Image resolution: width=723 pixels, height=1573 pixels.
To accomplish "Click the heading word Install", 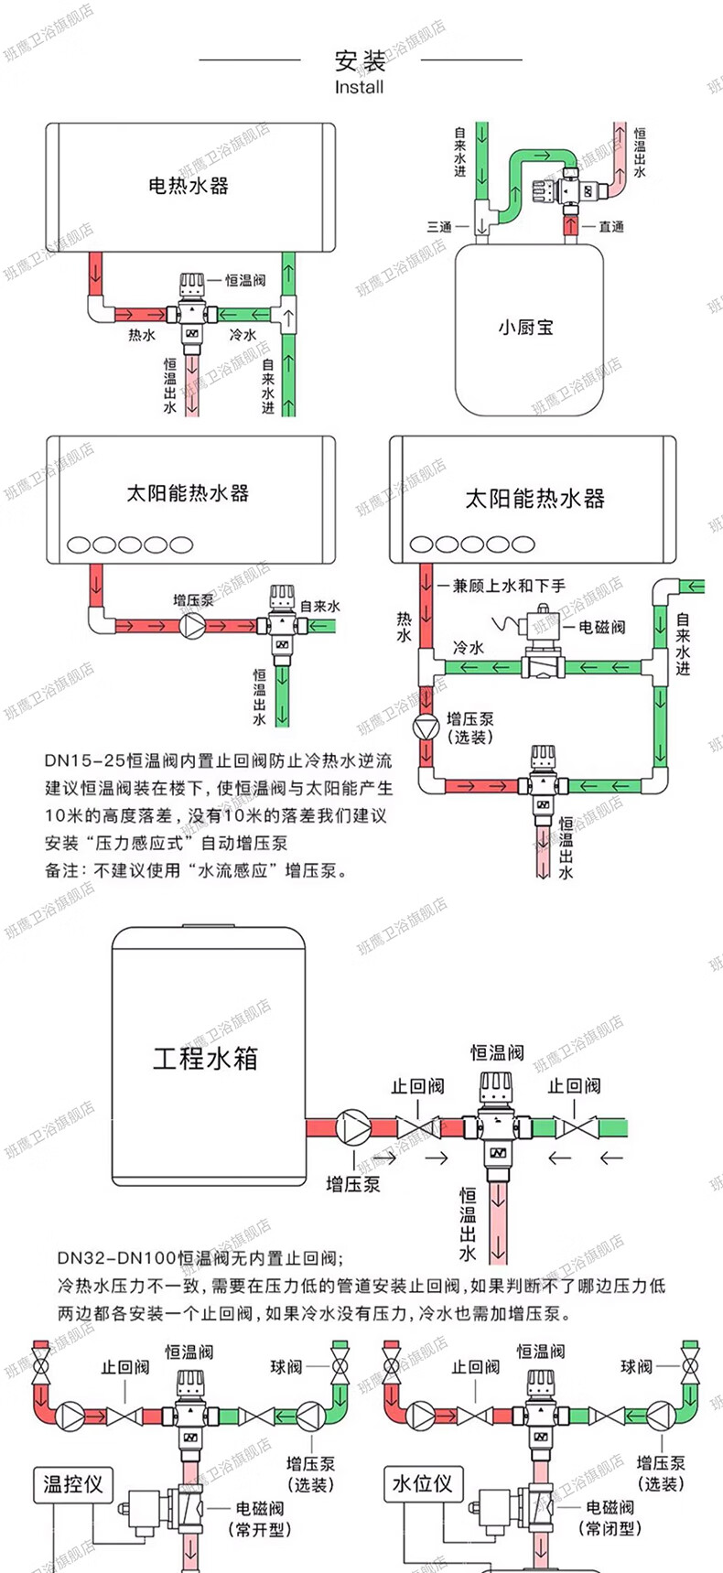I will pyautogui.click(x=359, y=88).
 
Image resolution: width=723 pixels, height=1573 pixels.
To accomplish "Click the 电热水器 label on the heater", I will pyautogui.click(x=188, y=186).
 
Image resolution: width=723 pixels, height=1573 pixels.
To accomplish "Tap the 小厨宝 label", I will pyautogui.click(x=525, y=327).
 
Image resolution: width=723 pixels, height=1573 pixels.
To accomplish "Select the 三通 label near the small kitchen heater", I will pyautogui.click(x=439, y=226).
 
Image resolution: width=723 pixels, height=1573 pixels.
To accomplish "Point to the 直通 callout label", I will pyautogui.click(x=610, y=226).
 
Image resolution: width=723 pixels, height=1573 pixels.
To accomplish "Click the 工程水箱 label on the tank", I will pyautogui.click(x=205, y=1059).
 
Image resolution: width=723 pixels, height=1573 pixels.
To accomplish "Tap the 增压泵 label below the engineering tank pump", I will pyautogui.click(x=352, y=1185).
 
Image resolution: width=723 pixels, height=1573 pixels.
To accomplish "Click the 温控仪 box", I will pyautogui.click(x=73, y=1483).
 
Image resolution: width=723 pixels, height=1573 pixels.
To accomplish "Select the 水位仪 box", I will pyautogui.click(x=422, y=1483).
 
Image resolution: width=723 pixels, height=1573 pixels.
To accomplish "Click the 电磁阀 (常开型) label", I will pyautogui.click(x=259, y=1518).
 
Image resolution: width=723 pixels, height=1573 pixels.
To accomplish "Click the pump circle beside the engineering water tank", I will pyautogui.click(x=353, y=1126).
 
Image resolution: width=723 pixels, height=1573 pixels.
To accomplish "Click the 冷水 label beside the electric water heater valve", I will pyautogui.click(x=243, y=335).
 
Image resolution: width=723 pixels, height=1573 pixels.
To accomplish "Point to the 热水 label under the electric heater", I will pyautogui.click(x=142, y=336).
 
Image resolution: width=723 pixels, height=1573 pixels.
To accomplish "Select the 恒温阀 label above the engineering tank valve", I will pyautogui.click(x=497, y=1053).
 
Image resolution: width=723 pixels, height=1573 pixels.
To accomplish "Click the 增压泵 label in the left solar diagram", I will pyautogui.click(x=193, y=600).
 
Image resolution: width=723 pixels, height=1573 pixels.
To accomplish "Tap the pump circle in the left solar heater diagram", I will pyautogui.click(x=193, y=626).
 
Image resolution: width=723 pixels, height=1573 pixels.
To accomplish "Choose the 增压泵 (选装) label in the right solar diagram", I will pyautogui.click(x=469, y=727).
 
